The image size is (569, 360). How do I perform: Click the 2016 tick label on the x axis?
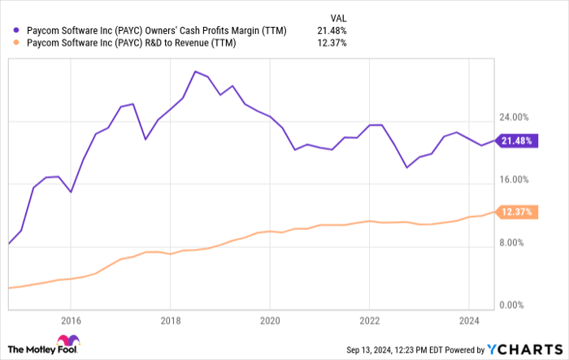pos(71,319)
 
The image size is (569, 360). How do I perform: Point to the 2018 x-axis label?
pos(170,319)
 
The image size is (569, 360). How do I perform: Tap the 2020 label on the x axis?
pos(269,319)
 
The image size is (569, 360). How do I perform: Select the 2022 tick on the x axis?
pos(369,319)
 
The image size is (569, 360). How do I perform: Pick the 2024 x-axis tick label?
pos(468,319)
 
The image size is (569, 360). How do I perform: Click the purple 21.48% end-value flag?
pos(517,141)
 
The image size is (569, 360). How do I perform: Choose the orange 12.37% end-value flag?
pos(517,212)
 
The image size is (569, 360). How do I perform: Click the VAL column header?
pos(335,15)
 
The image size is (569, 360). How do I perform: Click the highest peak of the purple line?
pos(195,72)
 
